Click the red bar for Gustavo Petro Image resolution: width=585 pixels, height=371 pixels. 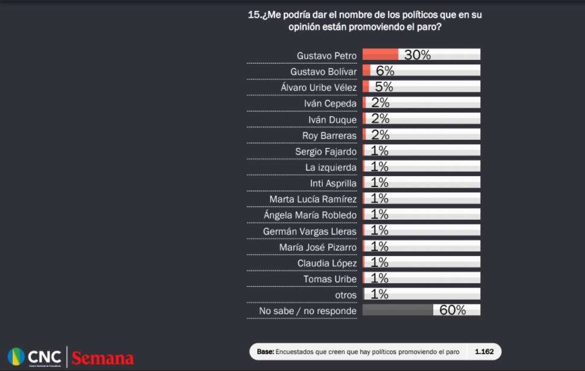[380, 54]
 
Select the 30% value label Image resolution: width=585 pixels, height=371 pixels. [417, 55]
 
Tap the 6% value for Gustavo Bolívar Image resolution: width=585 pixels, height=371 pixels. [385, 71]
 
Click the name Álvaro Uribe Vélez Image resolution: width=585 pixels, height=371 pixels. [318, 87]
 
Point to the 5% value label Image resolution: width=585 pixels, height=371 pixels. [384, 87]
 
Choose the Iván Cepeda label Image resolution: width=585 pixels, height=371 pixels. [330, 103]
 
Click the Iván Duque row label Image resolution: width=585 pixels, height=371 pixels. [332, 119]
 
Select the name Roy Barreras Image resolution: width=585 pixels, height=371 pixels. [329, 136]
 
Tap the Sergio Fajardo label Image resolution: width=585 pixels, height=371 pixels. [326, 151]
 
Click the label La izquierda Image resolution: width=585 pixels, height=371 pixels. [331, 167]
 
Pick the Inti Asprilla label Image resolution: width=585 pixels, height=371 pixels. [333, 183]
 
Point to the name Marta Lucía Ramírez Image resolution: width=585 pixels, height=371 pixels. [313, 199]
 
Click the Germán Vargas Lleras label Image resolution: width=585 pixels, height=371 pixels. [310, 231]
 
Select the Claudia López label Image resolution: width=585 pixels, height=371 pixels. [327, 263]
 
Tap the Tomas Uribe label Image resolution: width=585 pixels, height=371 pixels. [330, 278]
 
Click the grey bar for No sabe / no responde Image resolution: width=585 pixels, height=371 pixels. [397, 310]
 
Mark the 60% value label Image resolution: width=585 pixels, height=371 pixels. [453, 310]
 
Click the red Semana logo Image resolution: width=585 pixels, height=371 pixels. [102, 358]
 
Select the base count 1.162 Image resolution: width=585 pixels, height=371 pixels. [484, 352]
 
